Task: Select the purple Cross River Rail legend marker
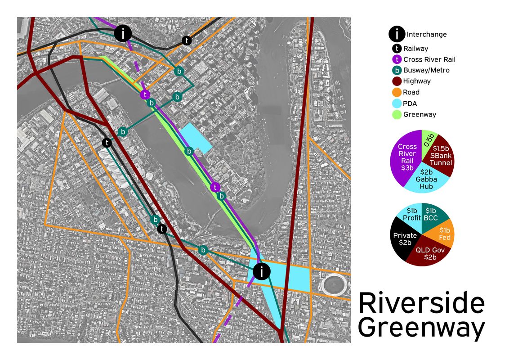[397, 59]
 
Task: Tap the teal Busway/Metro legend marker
[397, 70]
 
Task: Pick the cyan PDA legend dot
[397, 103]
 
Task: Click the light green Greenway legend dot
[397, 114]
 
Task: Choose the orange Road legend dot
[397, 92]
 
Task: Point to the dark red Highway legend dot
[397, 81]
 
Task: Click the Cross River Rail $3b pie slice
[406, 157]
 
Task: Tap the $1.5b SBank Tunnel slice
[441, 155]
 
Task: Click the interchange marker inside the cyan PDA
[261, 271]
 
